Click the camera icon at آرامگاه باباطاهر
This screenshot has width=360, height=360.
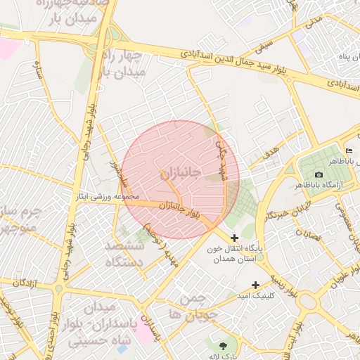coord(319,174)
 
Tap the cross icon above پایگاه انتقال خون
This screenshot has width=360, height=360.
coord(234,238)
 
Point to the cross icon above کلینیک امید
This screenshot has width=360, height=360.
coord(255,285)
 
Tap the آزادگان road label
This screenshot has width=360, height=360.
coord(22,282)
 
